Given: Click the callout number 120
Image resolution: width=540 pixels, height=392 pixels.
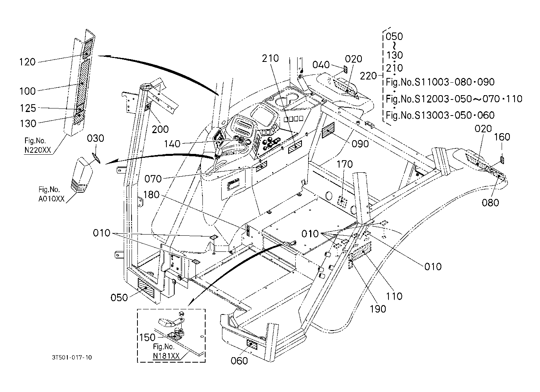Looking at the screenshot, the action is click(27, 62).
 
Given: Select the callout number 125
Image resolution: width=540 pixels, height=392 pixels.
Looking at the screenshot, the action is click(28, 108).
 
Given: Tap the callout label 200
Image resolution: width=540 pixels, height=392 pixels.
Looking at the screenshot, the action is click(160, 130).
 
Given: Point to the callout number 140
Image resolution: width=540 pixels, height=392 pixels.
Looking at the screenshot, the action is click(172, 144).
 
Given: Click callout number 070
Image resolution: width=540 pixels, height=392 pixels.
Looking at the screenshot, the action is click(153, 179).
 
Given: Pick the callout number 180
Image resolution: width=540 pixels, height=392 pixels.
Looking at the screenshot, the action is click(152, 195).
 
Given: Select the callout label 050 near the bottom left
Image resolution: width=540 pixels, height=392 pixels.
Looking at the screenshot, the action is click(119, 298).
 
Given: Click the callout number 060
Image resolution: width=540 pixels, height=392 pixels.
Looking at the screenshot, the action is click(239, 361).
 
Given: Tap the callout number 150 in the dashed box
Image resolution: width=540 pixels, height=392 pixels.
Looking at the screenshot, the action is click(147, 337).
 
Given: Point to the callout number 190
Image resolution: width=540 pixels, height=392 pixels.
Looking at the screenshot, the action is click(378, 309).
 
